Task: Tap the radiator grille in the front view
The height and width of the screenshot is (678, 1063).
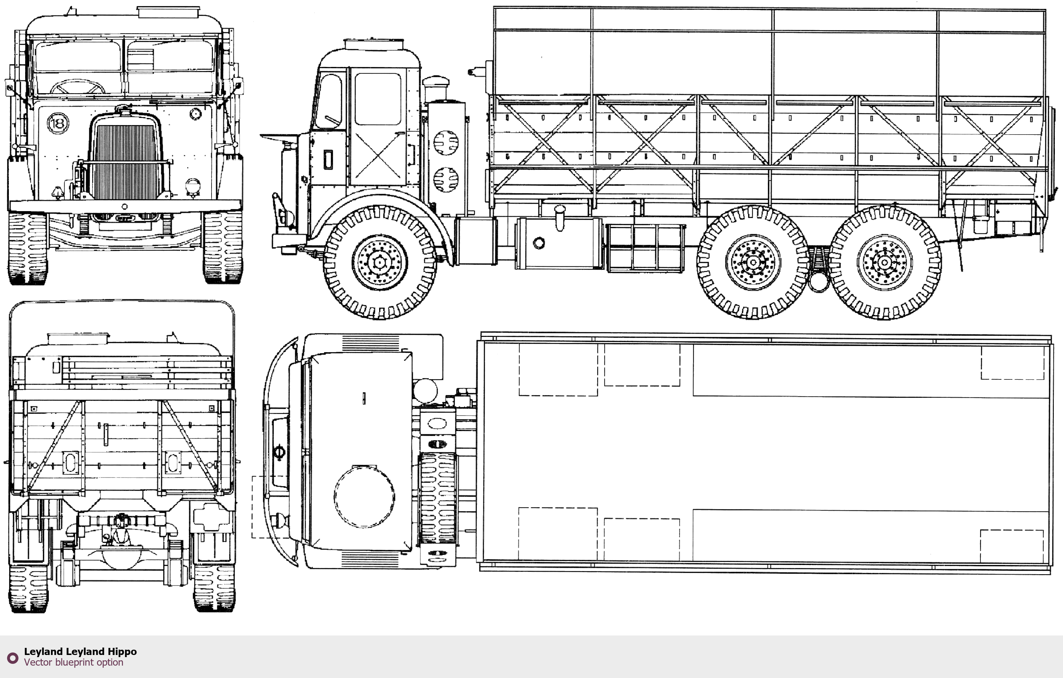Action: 125,162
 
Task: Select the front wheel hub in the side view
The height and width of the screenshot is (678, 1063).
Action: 379,262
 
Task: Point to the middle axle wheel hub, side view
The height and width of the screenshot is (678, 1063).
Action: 753,262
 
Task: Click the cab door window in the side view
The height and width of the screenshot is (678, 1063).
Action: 378,99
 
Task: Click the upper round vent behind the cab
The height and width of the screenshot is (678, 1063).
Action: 446,142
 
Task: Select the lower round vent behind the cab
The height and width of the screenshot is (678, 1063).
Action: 446,180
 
